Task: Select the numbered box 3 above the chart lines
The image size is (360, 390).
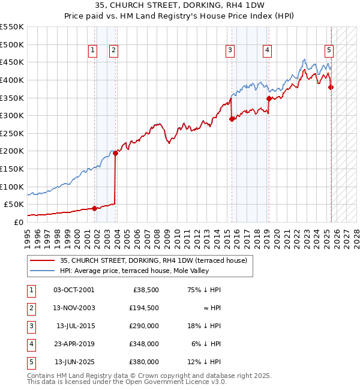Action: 230,51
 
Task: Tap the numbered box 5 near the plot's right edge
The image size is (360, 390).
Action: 329,51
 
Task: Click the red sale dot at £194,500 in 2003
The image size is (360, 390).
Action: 115,153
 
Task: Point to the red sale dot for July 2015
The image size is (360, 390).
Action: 232,119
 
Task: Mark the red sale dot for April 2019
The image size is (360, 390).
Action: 268,98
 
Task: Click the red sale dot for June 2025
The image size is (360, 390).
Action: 331,87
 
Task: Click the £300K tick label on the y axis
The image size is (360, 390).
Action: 12,115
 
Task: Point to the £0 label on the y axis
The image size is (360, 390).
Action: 19,222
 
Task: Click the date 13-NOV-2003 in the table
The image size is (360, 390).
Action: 74,307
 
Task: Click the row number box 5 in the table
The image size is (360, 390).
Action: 31,362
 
